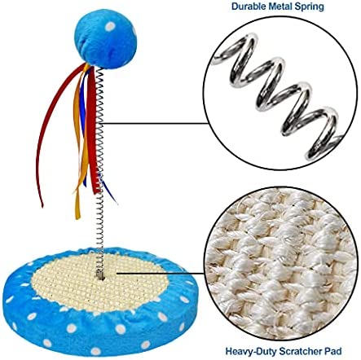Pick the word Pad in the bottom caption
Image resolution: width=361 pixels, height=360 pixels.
click(x=332, y=350)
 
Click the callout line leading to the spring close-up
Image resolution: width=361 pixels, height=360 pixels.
click(x=153, y=124)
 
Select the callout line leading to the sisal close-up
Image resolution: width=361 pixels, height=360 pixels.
click(x=161, y=274)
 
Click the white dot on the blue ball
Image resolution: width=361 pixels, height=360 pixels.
click(x=110, y=26)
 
